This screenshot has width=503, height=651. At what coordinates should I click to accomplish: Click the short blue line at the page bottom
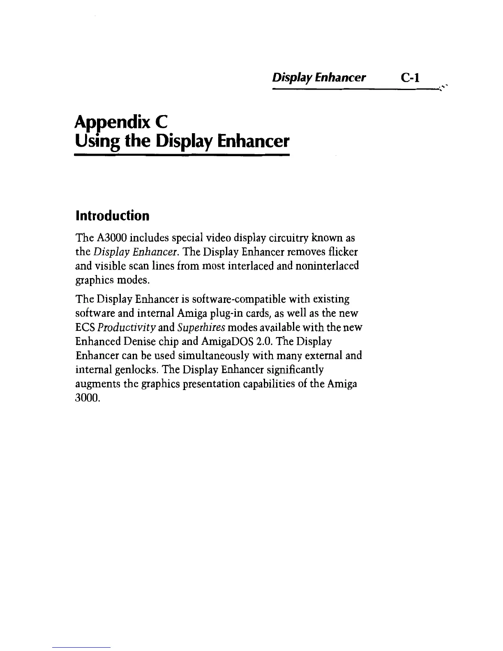point(82,648)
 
